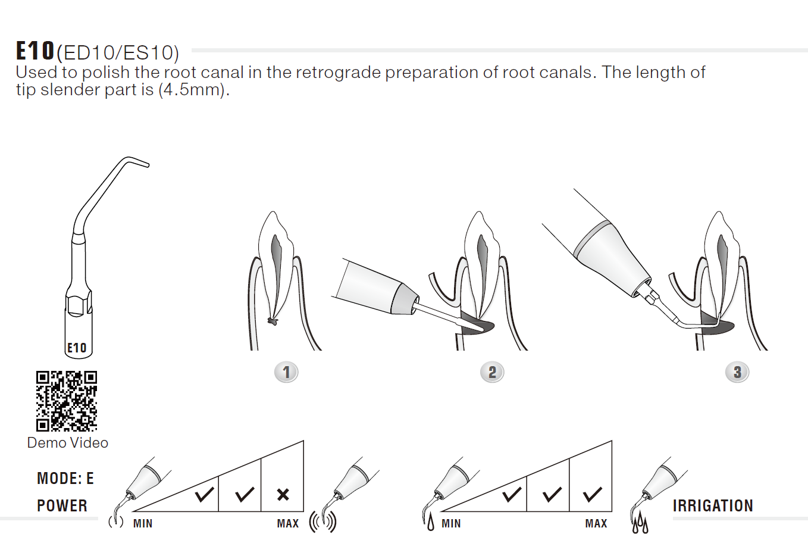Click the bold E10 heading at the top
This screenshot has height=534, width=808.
point(35,51)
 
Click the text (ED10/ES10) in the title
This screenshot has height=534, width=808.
point(118,52)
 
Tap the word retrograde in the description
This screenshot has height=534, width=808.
point(339,73)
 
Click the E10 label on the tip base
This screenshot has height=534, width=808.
point(77,348)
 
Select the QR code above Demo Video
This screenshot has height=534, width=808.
point(67,401)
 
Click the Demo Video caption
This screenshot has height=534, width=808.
point(67,443)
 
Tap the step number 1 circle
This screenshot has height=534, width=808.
point(286,372)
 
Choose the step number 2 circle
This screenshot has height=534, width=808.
point(492,372)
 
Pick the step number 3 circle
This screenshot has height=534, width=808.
point(737,372)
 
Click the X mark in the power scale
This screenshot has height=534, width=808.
point(283,495)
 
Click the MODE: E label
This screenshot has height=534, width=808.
point(65,479)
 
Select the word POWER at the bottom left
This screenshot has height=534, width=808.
point(62,505)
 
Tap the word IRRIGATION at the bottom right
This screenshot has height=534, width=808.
point(713,505)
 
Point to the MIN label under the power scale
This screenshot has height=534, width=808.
point(143,523)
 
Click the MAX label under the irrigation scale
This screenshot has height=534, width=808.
point(596,523)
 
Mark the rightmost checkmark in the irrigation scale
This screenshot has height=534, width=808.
point(592,495)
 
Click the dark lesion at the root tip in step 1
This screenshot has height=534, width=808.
point(273,321)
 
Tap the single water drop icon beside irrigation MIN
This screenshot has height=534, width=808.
point(431,524)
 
